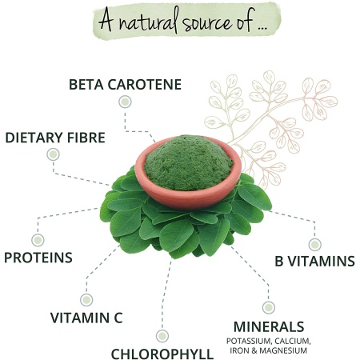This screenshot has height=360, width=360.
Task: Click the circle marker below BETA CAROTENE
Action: click(125, 102)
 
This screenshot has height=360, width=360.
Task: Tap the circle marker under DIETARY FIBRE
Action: click(53, 154)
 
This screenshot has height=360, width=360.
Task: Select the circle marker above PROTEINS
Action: click(38, 240)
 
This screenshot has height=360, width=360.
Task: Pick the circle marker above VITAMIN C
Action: click(86, 300)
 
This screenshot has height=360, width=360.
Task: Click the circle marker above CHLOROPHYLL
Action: click(162, 336)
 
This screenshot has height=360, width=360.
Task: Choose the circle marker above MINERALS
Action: click(269, 307)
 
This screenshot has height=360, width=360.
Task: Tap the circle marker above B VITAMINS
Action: click(314, 244)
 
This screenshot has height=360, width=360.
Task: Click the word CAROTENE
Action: click(145, 85)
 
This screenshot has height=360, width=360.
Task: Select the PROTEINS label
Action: click(38, 258)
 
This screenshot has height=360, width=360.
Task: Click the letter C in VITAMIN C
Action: click(118, 318)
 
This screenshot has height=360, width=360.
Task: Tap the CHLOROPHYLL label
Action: click(162, 354)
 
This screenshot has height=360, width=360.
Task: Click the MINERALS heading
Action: click(269, 326)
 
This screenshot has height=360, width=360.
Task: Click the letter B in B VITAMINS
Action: click(279, 261)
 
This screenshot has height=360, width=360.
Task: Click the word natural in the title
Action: click(148, 21)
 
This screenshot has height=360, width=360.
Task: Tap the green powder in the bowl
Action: click(188, 162)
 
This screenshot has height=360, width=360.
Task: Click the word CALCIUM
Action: click(293, 341)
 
